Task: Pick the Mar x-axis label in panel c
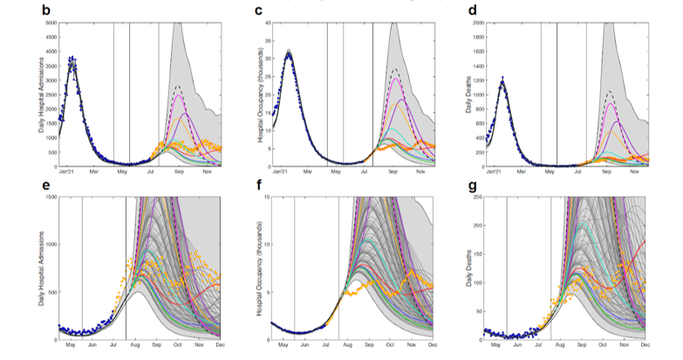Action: (321, 173)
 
